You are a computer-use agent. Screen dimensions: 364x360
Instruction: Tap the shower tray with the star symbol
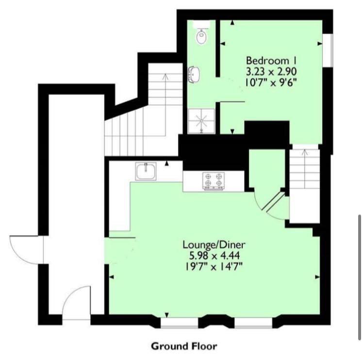[201, 121]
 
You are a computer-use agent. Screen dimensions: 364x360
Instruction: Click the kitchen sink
[146, 171]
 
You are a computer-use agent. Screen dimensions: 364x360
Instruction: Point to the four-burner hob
[214, 181]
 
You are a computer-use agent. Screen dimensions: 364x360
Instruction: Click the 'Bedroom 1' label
[271, 61]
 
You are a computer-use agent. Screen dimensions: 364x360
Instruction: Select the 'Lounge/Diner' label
[214, 245]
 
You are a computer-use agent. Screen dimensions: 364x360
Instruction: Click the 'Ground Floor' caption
[184, 346]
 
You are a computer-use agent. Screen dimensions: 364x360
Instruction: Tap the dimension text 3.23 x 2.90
[271, 71]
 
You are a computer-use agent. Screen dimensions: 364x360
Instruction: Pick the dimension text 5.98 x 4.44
[215, 256]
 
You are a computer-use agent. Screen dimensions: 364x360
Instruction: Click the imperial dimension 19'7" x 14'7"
[214, 267]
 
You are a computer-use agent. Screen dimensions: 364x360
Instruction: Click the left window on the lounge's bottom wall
[180, 323]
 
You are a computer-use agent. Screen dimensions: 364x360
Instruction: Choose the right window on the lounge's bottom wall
[253, 323]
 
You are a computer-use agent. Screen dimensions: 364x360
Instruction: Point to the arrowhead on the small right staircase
[304, 153]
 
